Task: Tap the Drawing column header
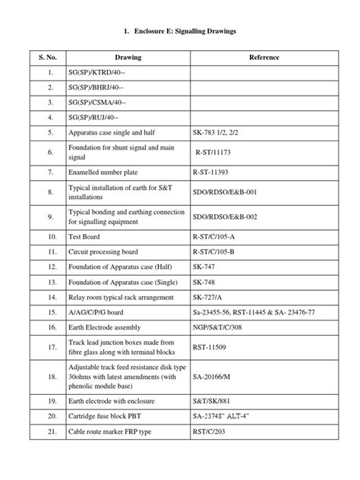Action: [128, 57]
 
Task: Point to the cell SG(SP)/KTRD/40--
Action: [97, 73]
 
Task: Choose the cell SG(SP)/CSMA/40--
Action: [97, 102]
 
